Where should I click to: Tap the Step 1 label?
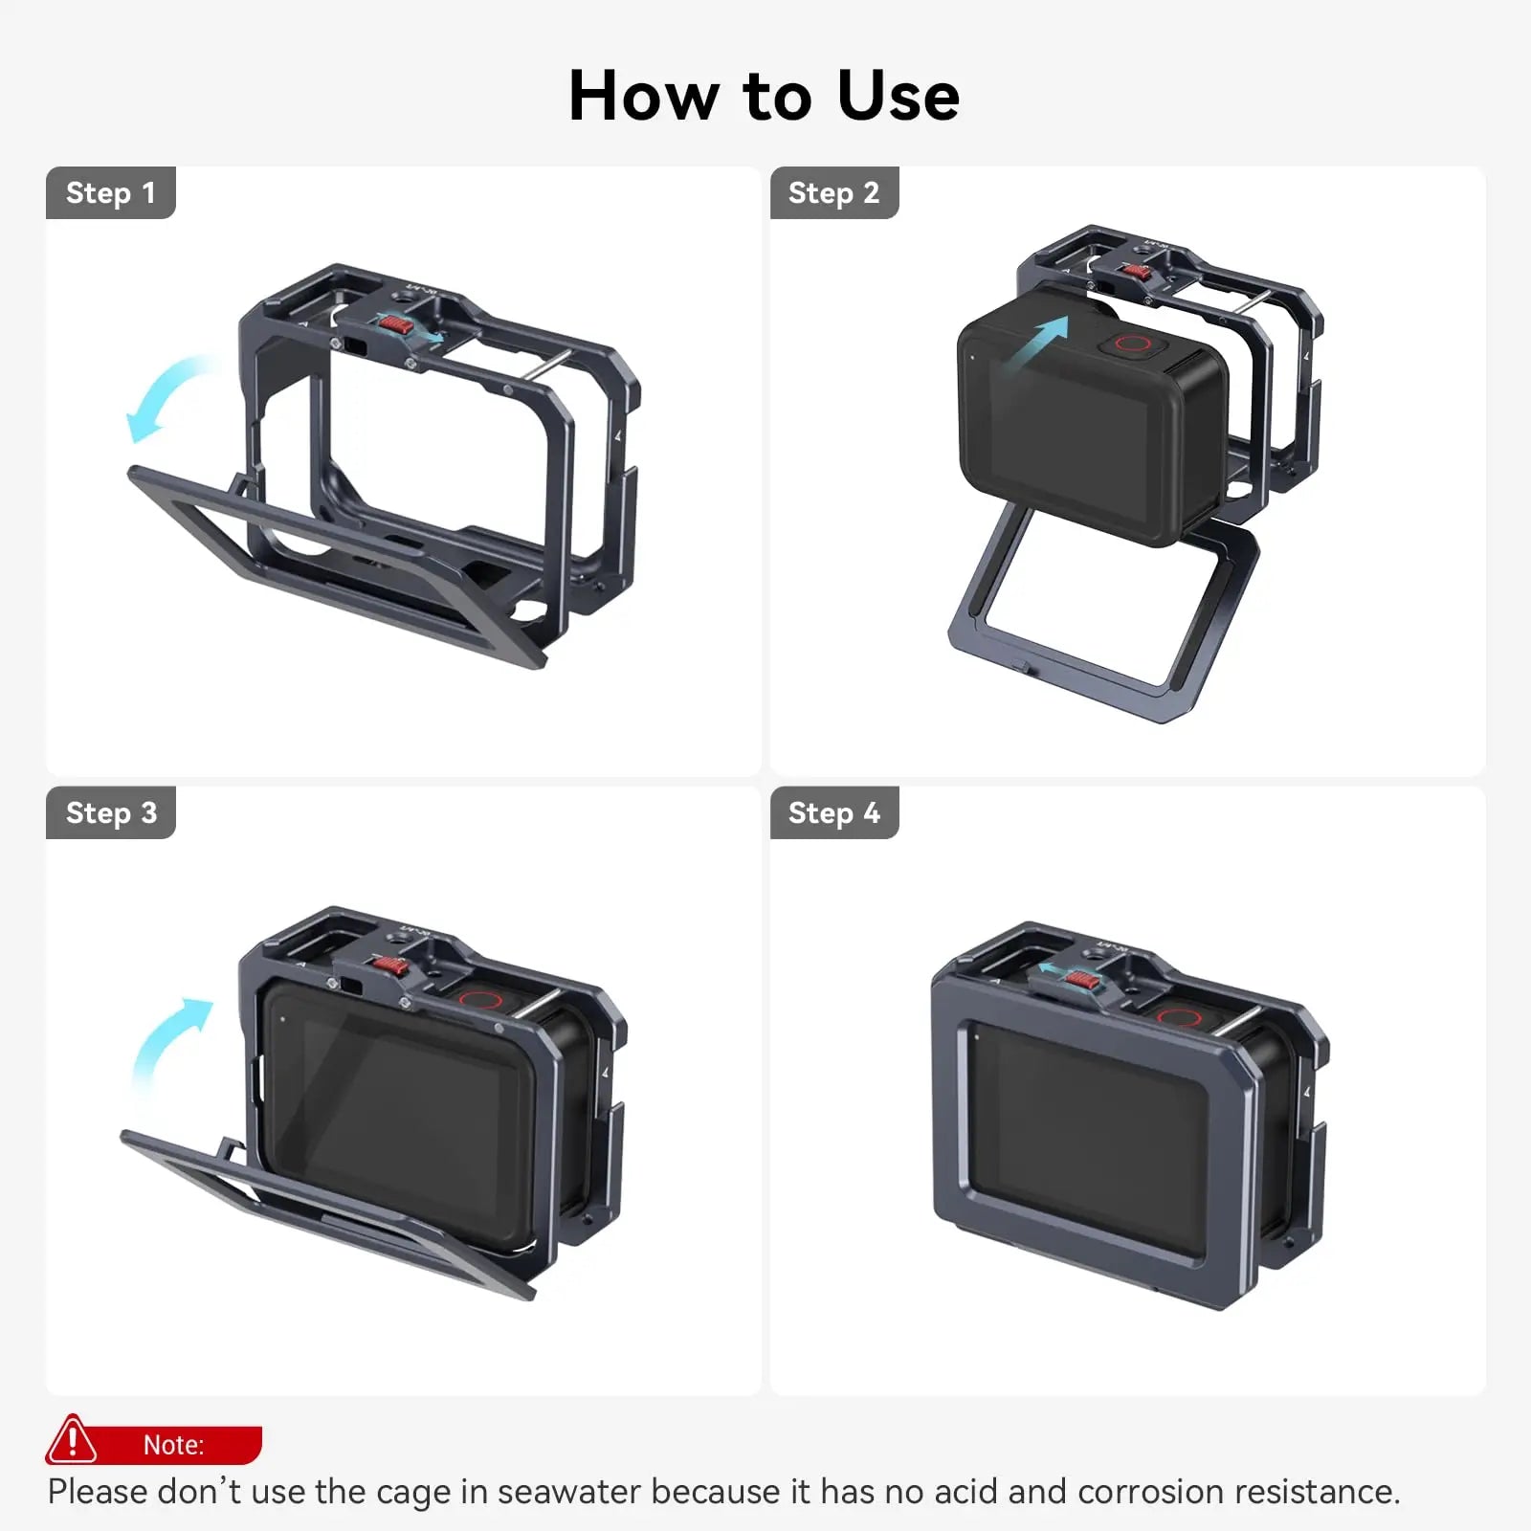[x=110, y=193]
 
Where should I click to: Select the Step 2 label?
[x=833, y=193]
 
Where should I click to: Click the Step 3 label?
[x=111, y=813]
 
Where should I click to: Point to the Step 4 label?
[x=833, y=813]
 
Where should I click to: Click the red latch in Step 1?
[x=394, y=324]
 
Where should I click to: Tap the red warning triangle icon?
[x=72, y=1440]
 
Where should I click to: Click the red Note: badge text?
[x=173, y=1445]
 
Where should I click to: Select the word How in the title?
[x=643, y=97]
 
